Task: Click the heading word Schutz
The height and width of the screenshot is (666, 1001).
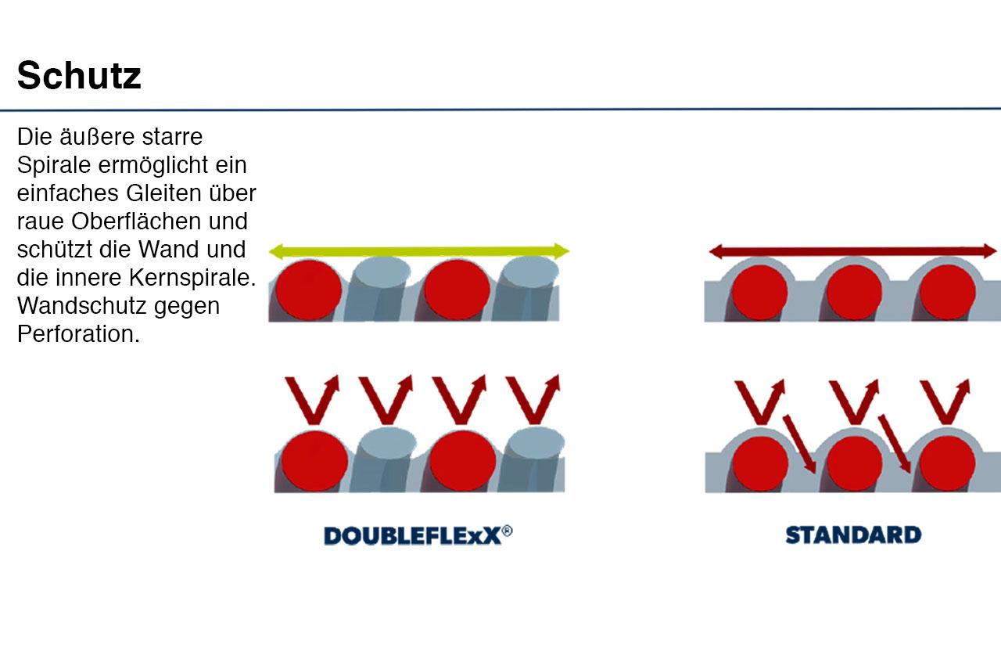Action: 79,75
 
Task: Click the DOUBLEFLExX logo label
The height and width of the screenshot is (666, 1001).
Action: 418,535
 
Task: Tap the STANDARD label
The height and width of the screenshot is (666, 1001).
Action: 853,535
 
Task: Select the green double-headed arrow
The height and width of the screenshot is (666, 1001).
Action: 418,251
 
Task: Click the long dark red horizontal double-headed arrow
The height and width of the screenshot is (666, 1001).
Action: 853,251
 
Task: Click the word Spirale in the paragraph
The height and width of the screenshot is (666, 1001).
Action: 54,165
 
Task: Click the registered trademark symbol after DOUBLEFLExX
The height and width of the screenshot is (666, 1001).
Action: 508,531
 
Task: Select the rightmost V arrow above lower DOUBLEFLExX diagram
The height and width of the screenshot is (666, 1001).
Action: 533,399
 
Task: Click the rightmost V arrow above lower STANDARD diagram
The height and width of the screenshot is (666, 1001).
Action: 945,401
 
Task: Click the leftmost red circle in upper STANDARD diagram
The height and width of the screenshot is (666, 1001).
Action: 759,292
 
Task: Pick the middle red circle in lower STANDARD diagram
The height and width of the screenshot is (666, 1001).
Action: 855,464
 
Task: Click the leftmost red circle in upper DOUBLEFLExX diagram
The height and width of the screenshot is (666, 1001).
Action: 309,290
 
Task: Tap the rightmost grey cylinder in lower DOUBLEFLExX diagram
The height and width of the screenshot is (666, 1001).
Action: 533,460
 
